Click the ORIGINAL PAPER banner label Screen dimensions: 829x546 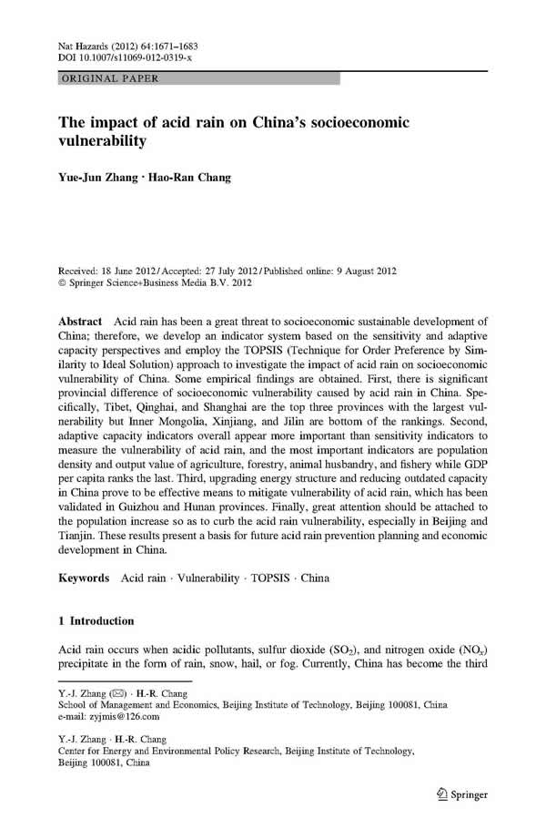tap(108, 79)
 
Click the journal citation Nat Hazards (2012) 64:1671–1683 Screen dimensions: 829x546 tap(128, 45)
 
